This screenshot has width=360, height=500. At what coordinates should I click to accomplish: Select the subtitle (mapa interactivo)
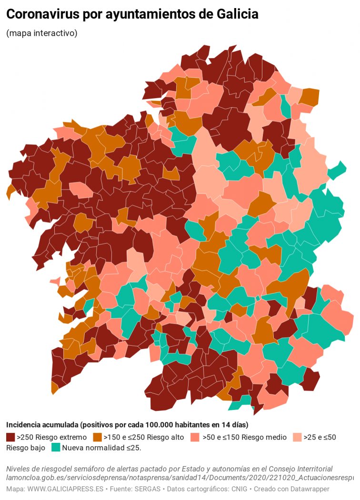42,33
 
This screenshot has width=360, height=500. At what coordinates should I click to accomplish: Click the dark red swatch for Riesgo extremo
10,437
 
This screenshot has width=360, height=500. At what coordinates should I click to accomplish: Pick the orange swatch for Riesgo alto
98,437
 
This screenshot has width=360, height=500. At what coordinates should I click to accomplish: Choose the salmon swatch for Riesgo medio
194,437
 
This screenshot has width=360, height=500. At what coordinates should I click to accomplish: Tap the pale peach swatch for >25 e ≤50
297,437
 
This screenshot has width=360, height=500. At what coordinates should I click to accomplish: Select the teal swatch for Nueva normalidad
56,448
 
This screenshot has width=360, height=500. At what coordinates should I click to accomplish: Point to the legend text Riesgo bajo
26,448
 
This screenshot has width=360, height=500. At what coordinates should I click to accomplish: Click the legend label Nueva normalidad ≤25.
101,448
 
